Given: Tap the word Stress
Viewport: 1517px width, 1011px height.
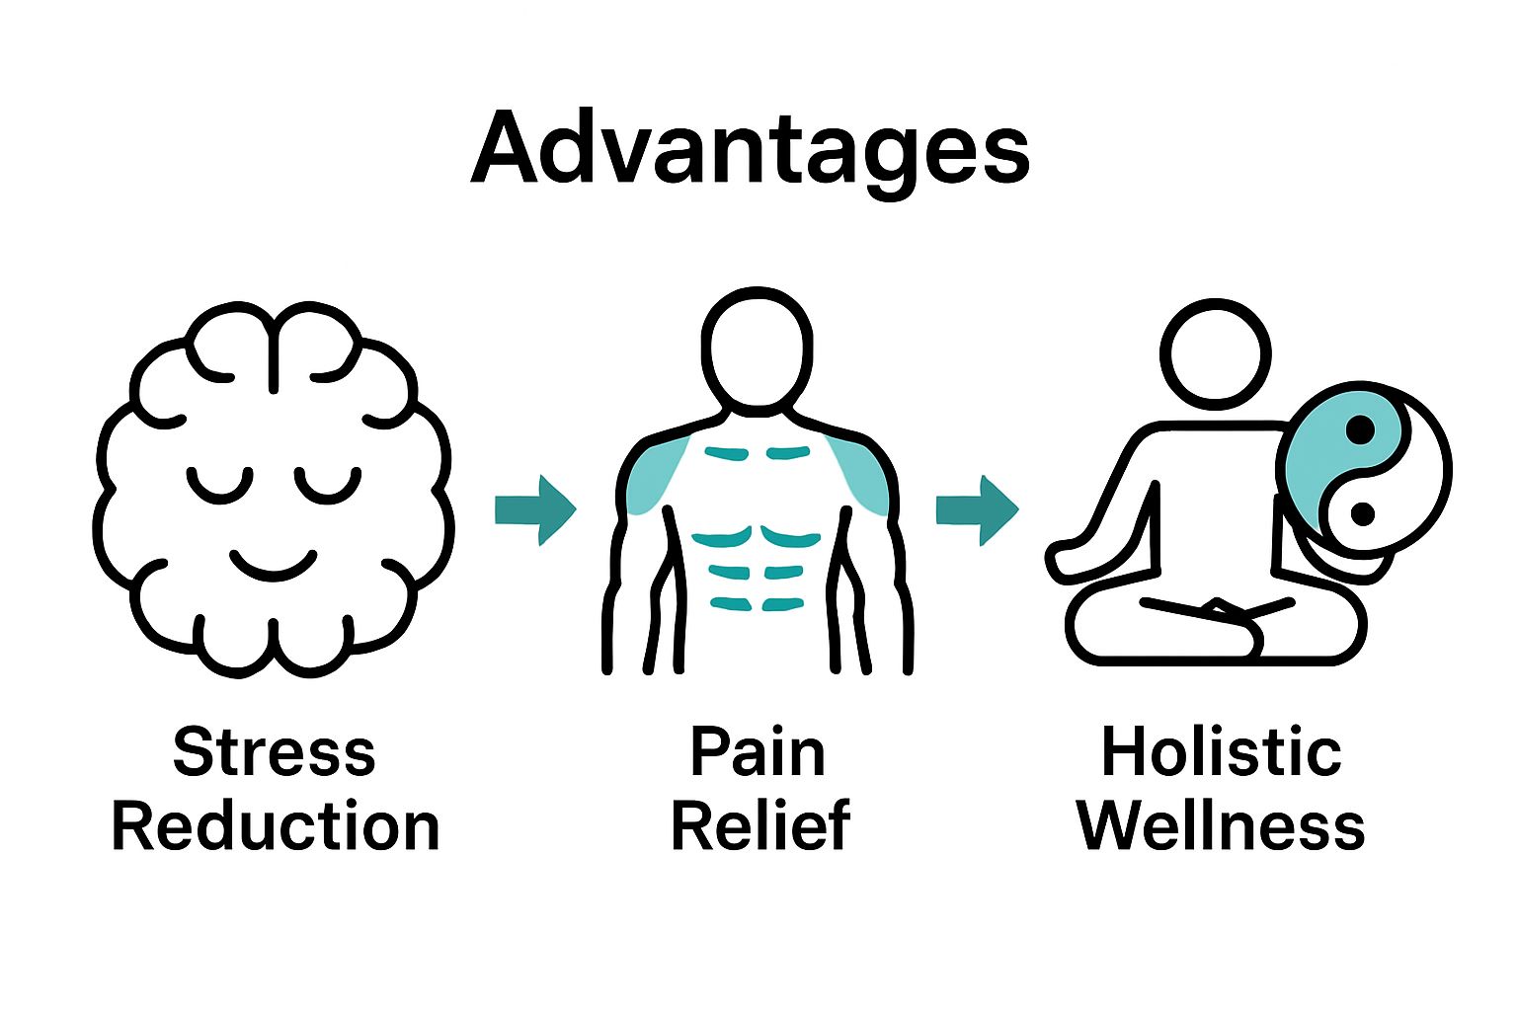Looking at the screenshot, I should [275, 752].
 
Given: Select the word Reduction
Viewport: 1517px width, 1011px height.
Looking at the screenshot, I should [275, 827].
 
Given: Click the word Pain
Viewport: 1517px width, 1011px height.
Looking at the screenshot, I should [758, 752].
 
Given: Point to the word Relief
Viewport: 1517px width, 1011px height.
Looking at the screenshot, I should [759, 827].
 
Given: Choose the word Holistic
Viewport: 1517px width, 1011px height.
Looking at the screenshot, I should [1221, 752].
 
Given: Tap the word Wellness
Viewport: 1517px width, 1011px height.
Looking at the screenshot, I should [1221, 827].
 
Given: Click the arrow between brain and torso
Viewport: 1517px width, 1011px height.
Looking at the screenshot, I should [534, 509].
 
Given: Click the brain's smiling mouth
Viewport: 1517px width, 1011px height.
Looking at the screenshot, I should [273, 565].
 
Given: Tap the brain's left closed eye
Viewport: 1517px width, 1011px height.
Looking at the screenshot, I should [219, 484].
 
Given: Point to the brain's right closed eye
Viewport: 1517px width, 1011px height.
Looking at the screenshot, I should [328, 484].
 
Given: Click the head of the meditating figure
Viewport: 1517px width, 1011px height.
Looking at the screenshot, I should [1216, 353].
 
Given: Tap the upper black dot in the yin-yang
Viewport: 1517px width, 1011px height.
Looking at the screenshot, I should [1360, 430].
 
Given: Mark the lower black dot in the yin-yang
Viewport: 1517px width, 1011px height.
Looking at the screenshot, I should [1362, 514].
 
